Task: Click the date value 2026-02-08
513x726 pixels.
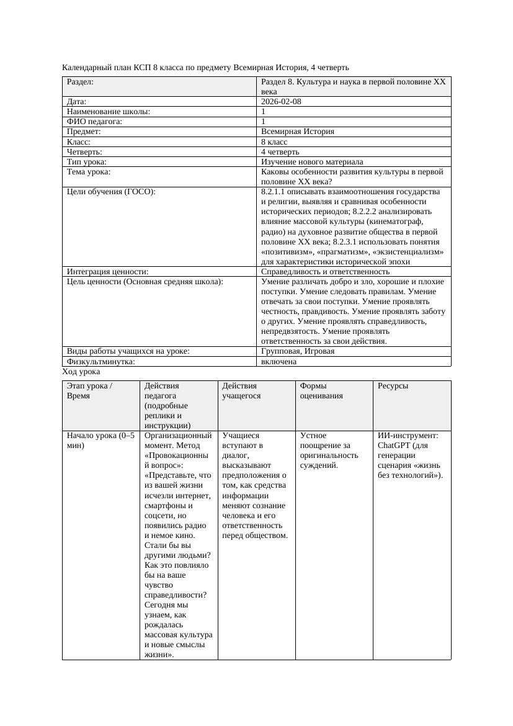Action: pyautogui.click(x=281, y=102)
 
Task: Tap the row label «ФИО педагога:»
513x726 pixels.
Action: pyautogui.click(x=94, y=122)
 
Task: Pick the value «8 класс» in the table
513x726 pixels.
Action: pyautogui.click(x=274, y=141)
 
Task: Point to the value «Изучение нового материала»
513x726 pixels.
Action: pyautogui.click(x=312, y=162)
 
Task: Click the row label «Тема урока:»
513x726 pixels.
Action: pyautogui.click(x=89, y=172)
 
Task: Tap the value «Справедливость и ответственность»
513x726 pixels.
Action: pyautogui.click(x=325, y=272)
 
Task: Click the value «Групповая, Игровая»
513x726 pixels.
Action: pyautogui.click(x=298, y=351)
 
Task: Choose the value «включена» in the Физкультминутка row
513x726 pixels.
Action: pyautogui.click(x=279, y=361)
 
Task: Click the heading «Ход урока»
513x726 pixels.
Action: pyautogui.click(x=81, y=372)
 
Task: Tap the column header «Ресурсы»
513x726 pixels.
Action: pyautogui.click(x=393, y=386)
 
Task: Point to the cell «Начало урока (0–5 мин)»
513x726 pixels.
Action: pyautogui.click(x=100, y=441)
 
